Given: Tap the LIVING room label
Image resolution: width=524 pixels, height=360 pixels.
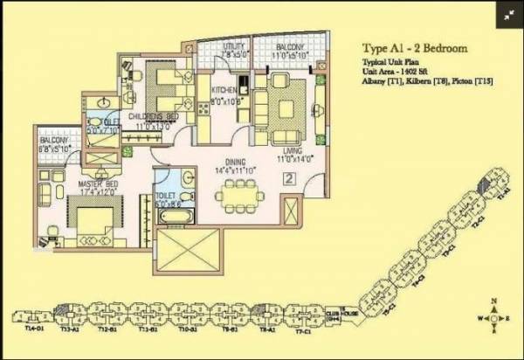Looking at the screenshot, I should (287, 152).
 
